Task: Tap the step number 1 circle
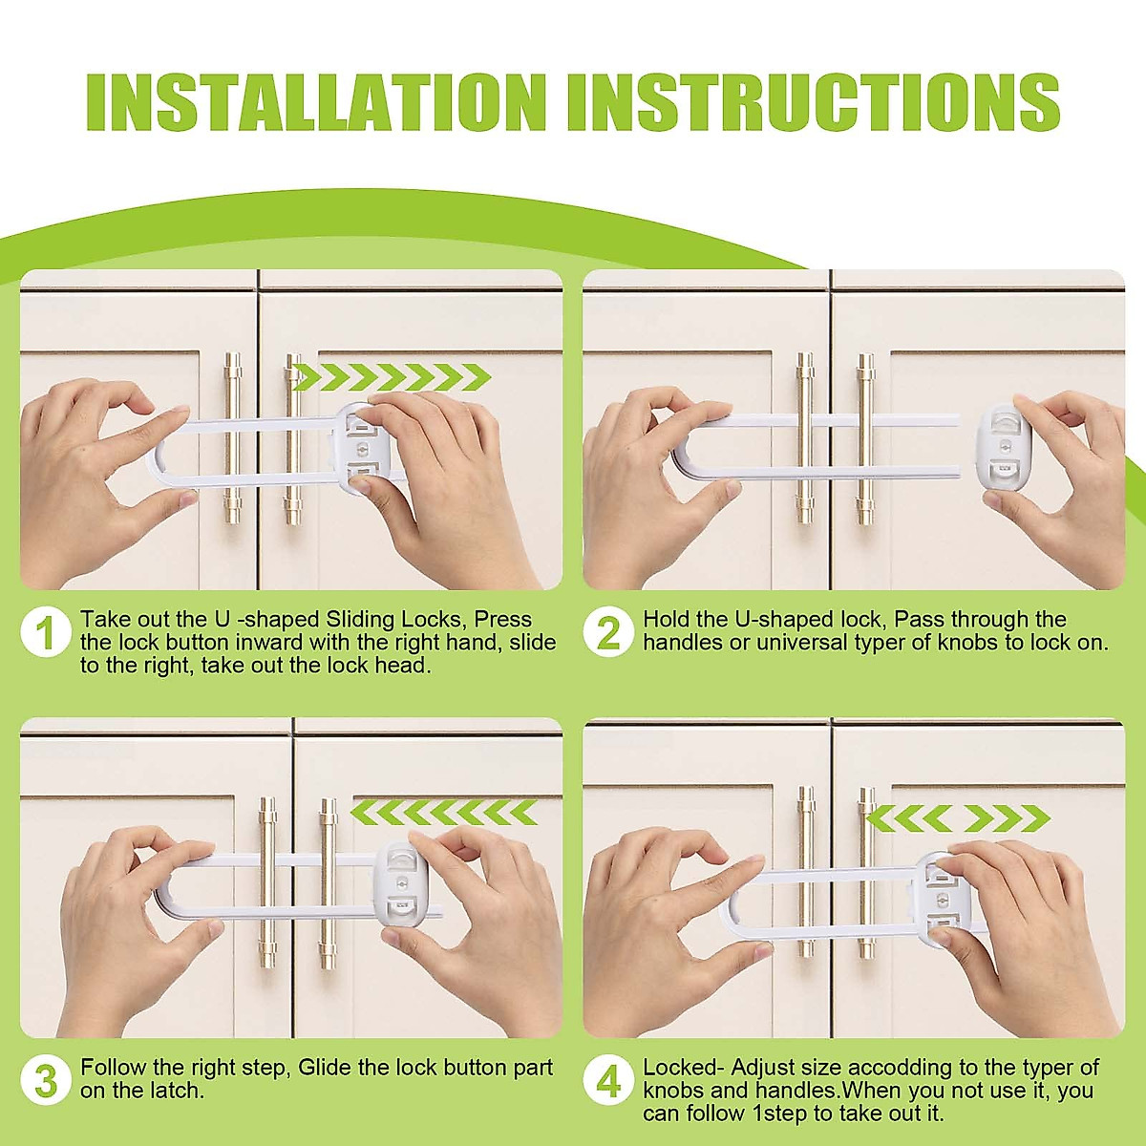46,634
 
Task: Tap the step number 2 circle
608,634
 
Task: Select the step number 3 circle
46,1082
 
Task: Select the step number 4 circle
608,1082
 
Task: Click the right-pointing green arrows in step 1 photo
390,377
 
